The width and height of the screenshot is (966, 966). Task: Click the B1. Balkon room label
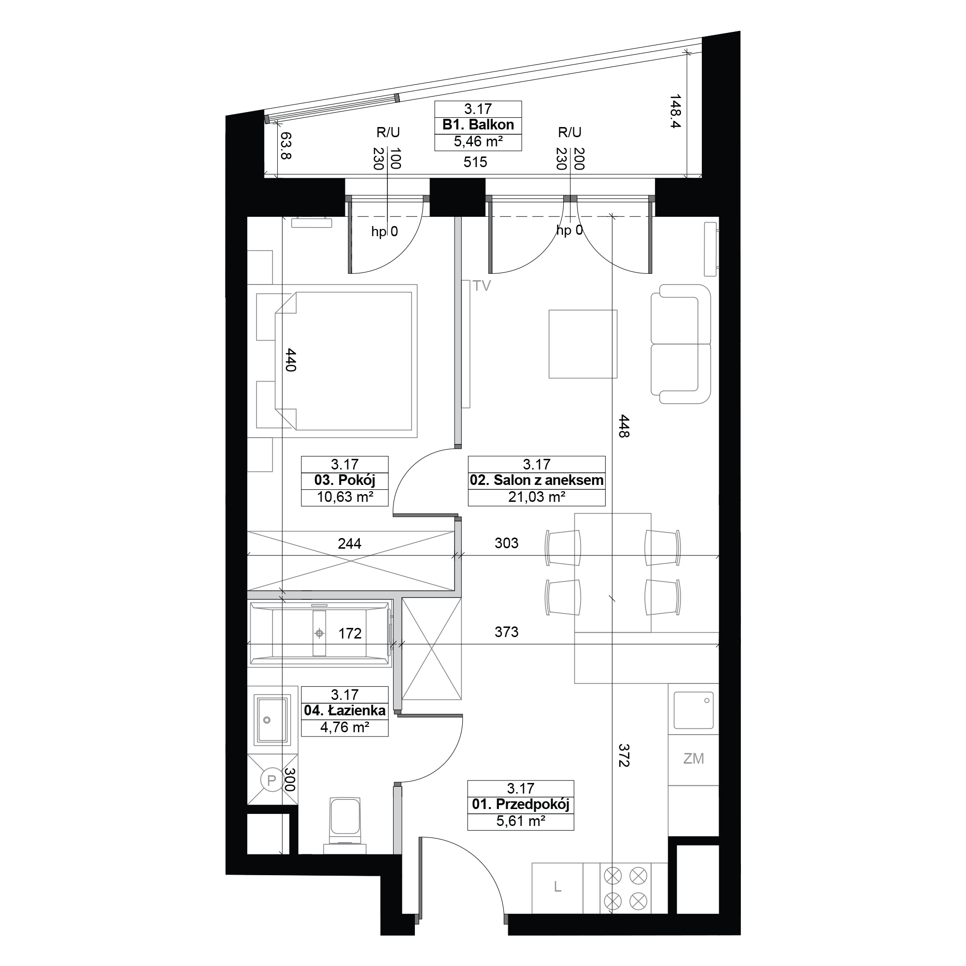(x=478, y=125)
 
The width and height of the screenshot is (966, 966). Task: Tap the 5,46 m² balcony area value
(x=478, y=142)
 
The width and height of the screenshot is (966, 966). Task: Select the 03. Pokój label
(x=344, y=481)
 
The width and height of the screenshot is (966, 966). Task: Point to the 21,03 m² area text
(x=537, y=497)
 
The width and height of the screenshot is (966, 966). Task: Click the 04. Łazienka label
(x=344, y=710)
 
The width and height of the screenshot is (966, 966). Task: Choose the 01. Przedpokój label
(x=521, y=805)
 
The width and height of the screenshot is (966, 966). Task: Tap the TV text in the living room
(x=482, y=286)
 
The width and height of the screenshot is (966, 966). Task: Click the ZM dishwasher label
(x=694, y=758)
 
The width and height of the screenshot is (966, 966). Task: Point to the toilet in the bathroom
(x=345, y=825)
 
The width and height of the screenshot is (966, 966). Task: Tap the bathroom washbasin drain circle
(x=267, y=720)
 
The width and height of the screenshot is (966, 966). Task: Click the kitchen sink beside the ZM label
(x=694, y=710)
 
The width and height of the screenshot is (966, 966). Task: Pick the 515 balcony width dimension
(x=475, y=162)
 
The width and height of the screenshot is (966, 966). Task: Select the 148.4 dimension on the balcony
(x=676, y=112)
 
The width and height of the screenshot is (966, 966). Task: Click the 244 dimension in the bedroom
(x=350, y=543)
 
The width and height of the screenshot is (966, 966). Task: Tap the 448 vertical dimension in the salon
(x=624, y=426)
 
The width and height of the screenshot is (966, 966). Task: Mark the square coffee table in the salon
(x=583, y=344)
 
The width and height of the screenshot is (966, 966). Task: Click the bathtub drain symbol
(x=319, y=634)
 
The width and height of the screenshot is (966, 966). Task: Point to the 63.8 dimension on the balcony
(x=286, y=145)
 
